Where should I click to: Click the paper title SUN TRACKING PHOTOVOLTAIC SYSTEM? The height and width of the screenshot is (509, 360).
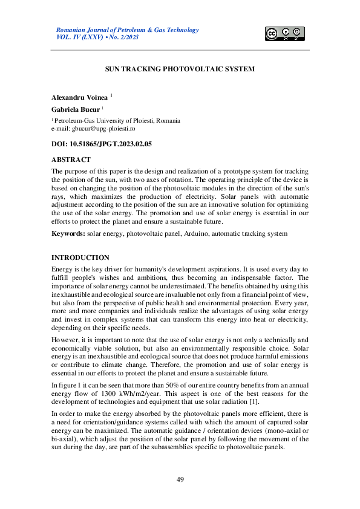point(180,69)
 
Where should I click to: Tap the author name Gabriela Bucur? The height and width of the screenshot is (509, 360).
point(75,109)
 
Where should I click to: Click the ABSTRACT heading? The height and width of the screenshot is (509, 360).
point(71,160)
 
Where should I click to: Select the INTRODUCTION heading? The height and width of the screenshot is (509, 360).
point(80,258)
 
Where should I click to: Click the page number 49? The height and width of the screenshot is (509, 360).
point(180,479)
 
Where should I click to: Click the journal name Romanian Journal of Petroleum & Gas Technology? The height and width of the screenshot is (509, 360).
point(127,30)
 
